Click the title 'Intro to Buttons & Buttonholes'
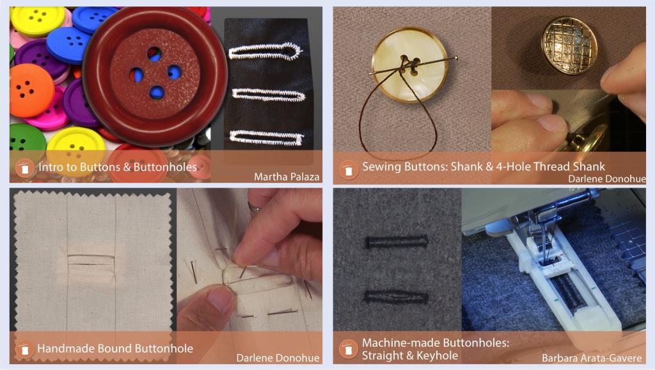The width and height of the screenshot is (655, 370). point(117,168)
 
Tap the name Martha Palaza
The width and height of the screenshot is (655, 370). point(287,177)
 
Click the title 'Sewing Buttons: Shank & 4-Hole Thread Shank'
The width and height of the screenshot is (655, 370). point(483,166)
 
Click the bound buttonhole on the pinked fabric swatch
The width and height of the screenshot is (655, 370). point(92,262)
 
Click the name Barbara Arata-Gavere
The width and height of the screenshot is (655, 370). point(592,358)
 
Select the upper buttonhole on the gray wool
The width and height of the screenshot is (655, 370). point(396,242)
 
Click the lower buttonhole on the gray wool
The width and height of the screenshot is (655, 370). point(396,297)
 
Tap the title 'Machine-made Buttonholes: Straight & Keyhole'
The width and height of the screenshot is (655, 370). point(435,349)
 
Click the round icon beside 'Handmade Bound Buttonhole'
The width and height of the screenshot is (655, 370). point(24,349)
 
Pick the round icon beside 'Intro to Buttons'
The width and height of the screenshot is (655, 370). point(24,169)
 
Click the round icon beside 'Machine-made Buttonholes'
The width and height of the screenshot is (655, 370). point(349,349)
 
